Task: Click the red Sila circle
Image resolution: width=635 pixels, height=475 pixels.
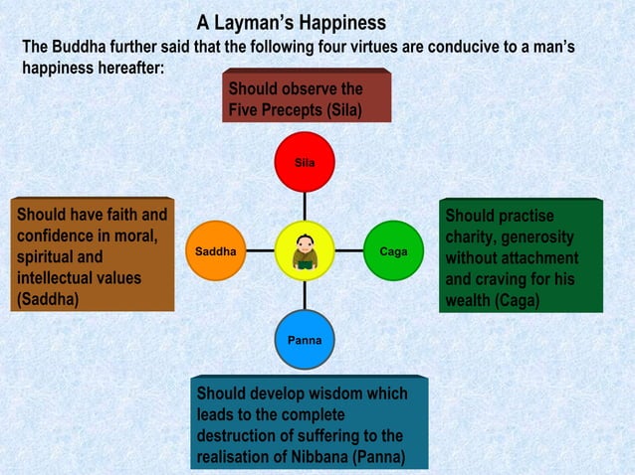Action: pyautogui.click(x=305, y=161)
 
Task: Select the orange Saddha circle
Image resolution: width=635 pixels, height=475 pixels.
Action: pyautogui.click(x=215, y=250)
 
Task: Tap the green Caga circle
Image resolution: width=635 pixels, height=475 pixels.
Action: pyautogui.click(x=394, y=250)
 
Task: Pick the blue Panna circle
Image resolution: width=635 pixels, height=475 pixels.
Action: pyautogui.click(x=305, y=340)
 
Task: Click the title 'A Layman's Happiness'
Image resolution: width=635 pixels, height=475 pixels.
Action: pyautogui.click(x=291, y=22)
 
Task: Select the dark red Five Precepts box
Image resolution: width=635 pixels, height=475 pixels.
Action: pyautogui.click(x=307, y=97)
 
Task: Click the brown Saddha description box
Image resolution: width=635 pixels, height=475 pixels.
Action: pyautogui.click(x=91, y=256)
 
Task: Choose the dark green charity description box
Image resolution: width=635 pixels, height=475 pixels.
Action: pyautogui.click(x=521, y=256)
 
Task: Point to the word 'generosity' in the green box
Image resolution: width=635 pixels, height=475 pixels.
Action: pyautogui.click(x=537, y=238)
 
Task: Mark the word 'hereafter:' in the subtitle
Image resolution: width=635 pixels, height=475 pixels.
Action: pyautogui.click(x=123, y=69)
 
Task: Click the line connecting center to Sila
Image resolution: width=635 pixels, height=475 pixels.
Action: pyautogui.click(x=305, y=206)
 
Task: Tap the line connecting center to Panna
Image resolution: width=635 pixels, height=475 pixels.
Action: pyautogui.click(x=305, y=296)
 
